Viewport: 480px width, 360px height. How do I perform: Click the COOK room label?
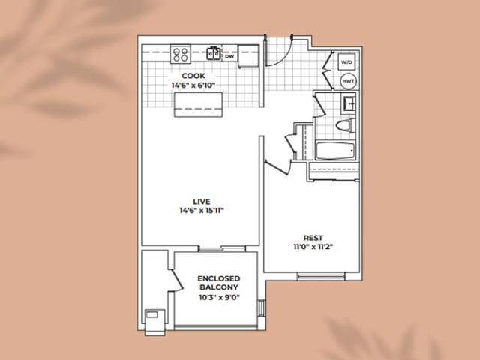point(193,76)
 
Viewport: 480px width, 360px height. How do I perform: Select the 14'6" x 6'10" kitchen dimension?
point(193,85)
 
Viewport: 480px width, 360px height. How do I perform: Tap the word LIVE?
point(202,202)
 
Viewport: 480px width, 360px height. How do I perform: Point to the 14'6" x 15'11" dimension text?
point(202,211)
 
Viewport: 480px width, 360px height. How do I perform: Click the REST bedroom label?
point(313,238)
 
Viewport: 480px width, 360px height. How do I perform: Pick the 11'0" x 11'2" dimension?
point(313,247)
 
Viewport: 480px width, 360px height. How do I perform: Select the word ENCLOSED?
point(219,278)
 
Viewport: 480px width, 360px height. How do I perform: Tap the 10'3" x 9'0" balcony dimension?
point(219,297)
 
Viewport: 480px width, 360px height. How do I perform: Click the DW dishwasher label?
point(229,57)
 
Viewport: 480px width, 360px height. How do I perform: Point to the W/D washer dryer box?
point(346,62)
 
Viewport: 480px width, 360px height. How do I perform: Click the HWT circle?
point(348,81)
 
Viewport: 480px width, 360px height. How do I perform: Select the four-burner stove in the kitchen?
point(181,54)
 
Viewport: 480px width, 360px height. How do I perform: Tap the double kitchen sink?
point(214,53)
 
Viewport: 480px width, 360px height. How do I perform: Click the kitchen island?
point(198,105)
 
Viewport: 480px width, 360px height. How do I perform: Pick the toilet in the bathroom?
point(345,125)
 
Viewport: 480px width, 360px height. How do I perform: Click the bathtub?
point(335,151)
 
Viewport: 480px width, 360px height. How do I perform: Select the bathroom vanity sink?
point(349,103)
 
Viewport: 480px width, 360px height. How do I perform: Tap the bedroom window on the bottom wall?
point(321,277)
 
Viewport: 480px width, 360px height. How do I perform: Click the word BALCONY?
point(219,287)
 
